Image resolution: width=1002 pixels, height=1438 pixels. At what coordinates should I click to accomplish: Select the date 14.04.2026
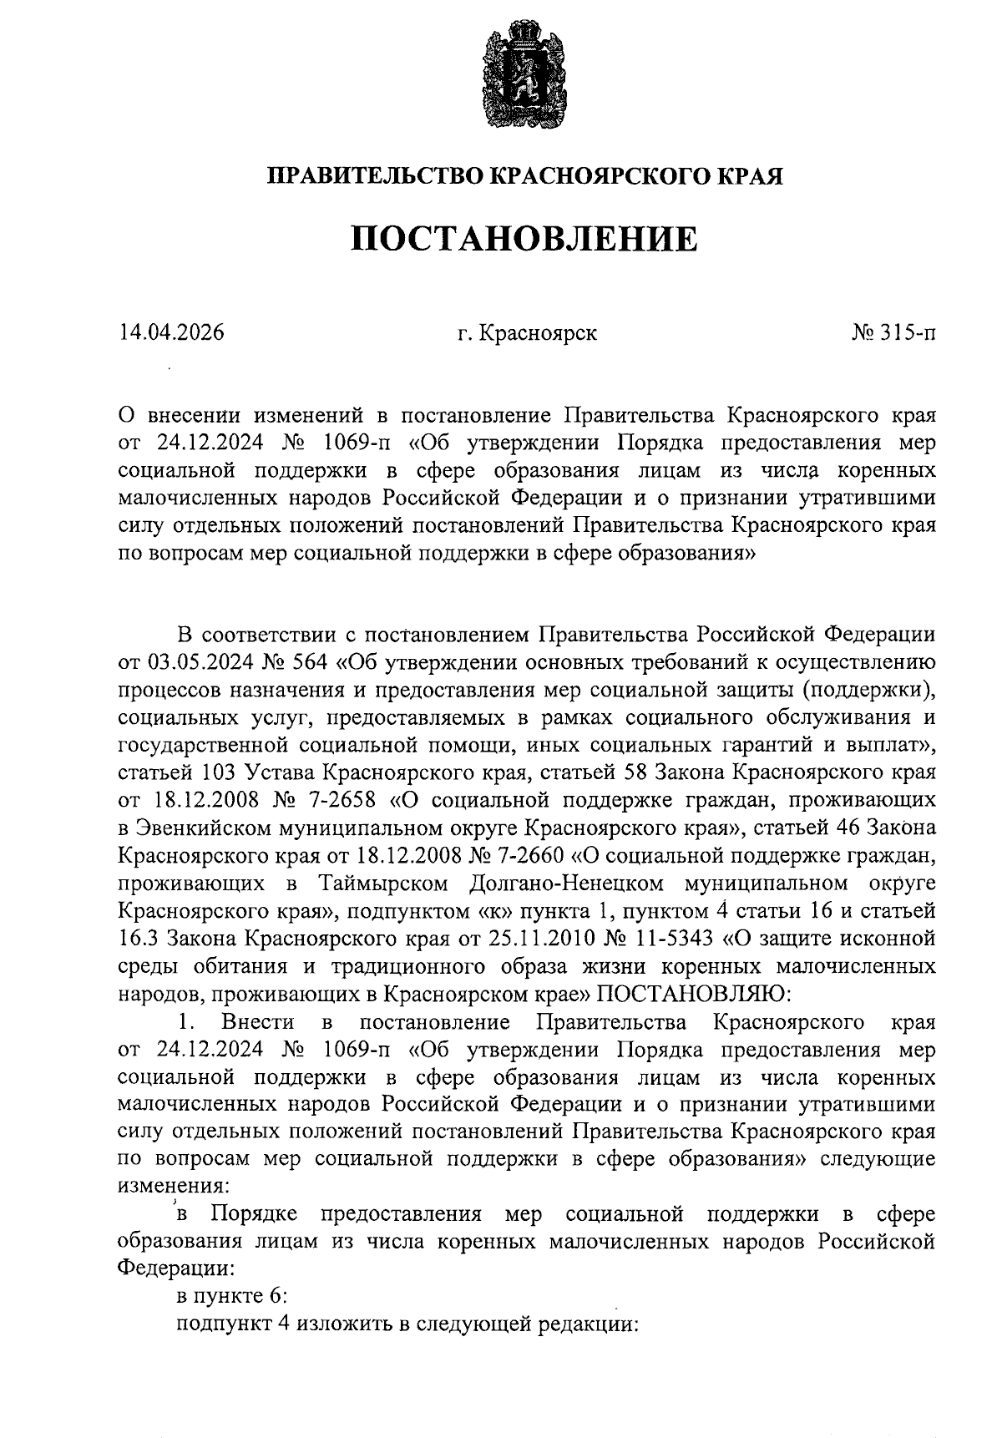(x=172, y=332)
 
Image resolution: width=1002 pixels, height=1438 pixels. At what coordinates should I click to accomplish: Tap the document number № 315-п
(x=893, y=332)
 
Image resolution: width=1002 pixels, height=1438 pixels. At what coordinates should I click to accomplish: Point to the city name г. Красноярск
(x=527, y=333)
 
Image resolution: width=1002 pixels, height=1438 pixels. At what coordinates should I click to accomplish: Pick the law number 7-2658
(x=337, y=801)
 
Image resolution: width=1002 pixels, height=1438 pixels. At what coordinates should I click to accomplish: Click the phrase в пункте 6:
(x=232, y=1296)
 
